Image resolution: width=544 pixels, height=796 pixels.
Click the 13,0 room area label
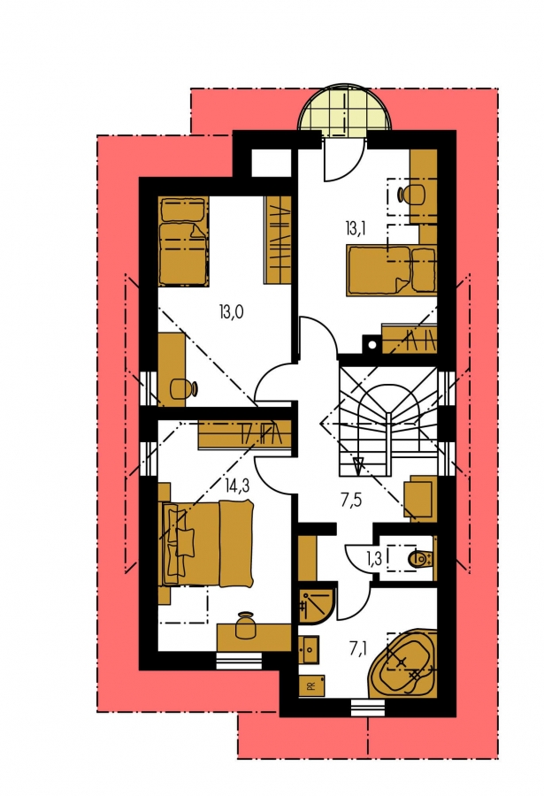(231, 311)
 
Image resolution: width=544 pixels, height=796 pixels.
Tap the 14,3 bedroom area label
(237, 486)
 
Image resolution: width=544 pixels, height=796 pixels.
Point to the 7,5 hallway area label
(350, 501)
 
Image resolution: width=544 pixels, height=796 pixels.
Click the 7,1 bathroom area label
(358, 648)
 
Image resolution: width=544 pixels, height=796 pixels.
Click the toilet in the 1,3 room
(420, 558)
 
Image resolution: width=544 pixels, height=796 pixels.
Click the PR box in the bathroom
(311, 685)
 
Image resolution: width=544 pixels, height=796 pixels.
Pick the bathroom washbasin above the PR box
(309, 649)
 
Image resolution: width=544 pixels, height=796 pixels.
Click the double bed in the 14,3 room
(207, 542)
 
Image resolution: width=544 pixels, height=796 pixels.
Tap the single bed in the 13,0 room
(183, 241)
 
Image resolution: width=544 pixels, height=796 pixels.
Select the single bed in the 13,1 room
(392, 270)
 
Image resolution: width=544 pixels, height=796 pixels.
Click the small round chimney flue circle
(372, 345)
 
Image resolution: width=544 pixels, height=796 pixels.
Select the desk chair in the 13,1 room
(411, 195)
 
